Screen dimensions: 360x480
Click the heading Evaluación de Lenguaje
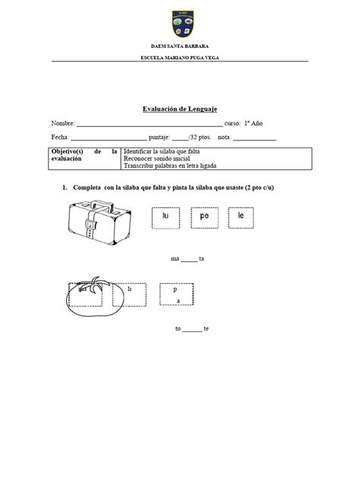pyautogui.click(x=180, y=109)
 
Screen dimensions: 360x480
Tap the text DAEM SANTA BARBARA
pyautogui.click(x=180, y=48)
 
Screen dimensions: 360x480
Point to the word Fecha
pyautogui.click(x=59, y=137)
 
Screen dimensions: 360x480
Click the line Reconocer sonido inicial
pyautogui.click(x=153, y=159)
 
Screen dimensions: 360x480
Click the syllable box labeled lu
pyautogui.click(x=166, y=216)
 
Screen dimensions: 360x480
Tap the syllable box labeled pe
pyautogui.click(x=204, y=216)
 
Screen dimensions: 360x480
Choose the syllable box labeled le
pyautogui.click(x=241, y=216)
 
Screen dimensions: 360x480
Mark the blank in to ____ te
pyautogui.click(x=192, y=329)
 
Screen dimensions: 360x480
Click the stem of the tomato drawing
pyautogui.click(x=94, y=282)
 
